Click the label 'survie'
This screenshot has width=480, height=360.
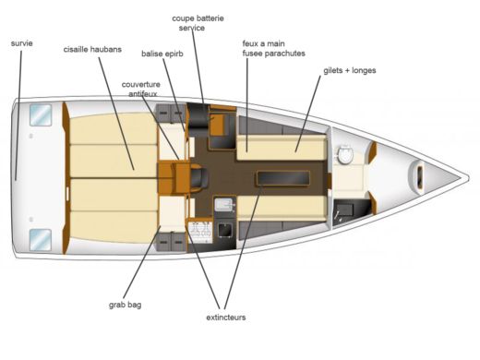click(x=22, y=43)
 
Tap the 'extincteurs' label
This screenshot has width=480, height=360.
click(x=225, y=318)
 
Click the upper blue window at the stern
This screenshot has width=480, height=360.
click(x=40, y=115)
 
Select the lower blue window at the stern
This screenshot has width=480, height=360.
click(x=40, y=239)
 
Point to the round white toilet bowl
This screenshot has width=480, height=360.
click(x=347, y=156)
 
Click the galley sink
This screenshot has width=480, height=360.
click(x=225, y=206)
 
